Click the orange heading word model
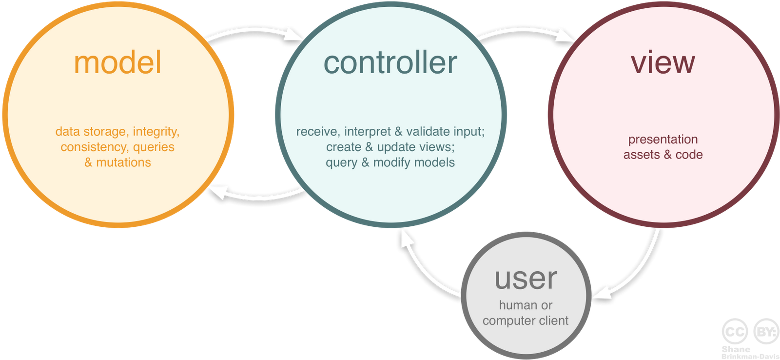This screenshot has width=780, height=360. point(117,63)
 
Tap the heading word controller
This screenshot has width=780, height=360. point(390,63)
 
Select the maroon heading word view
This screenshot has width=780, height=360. point(663,63)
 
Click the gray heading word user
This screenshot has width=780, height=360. point(526,279)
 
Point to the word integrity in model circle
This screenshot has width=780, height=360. point(156,132)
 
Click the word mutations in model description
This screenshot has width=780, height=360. point(123,162)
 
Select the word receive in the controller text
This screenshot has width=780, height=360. point(317,132)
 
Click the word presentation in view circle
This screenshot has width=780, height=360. point(663,140)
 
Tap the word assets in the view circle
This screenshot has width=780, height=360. point(641,155)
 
